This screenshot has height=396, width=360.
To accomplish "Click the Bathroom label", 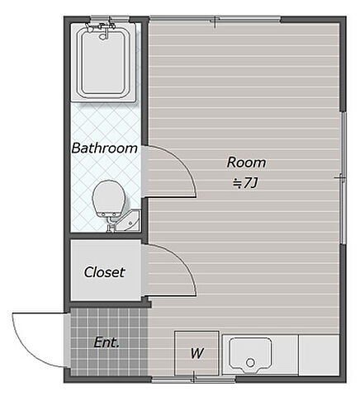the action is pos(105,148).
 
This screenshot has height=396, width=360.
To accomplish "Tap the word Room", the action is pos(246,163).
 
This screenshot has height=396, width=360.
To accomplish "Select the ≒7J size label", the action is pos(245,183).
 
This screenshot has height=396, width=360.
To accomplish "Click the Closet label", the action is pos(104,272).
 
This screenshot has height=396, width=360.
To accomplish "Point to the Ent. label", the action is pos(107,342).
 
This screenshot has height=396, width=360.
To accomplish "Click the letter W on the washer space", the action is pos(197,353).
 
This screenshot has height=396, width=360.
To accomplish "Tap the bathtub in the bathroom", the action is pos(103,63).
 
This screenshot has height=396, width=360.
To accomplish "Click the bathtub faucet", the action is pos(102,30).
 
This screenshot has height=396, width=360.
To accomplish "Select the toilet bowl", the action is pos(109,199).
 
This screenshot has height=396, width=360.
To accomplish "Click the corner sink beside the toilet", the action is pos(130,221).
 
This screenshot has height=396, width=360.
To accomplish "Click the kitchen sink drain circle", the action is pos(250,363).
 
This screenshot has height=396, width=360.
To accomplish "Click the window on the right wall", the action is pos(343,178).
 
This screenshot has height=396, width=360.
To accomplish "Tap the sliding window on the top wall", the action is pos(215,19).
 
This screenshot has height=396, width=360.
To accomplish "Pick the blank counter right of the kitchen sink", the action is pos(319,355).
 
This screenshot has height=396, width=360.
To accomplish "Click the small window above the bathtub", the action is pos(110,19).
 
